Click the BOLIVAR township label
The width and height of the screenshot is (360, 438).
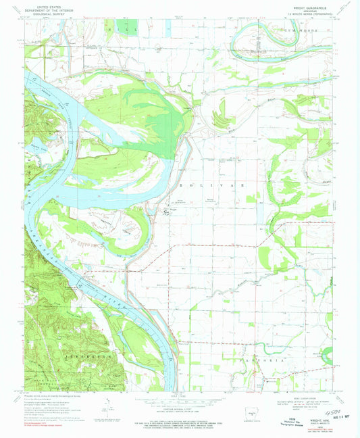[x=211, y=184]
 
